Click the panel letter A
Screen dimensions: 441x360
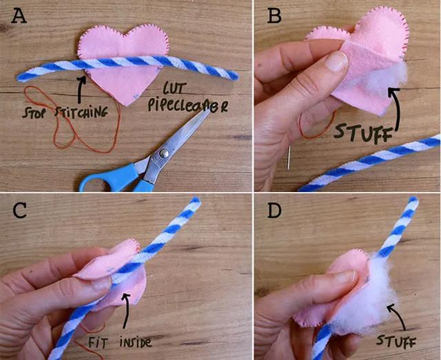(19, 16)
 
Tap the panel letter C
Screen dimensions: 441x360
(20, 211)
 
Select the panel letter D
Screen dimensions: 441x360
(274, 211)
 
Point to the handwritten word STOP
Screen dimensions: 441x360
(32, 112)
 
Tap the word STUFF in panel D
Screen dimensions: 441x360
(396, 341)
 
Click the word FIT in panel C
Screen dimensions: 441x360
(98, 343)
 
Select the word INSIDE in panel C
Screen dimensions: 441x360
(136, 343)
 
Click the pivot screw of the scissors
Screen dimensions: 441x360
(164, 153)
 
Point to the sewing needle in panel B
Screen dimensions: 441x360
(288, 158)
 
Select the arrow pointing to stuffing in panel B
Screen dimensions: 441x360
(396, 109)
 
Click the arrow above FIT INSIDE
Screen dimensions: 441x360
(126, 310)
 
